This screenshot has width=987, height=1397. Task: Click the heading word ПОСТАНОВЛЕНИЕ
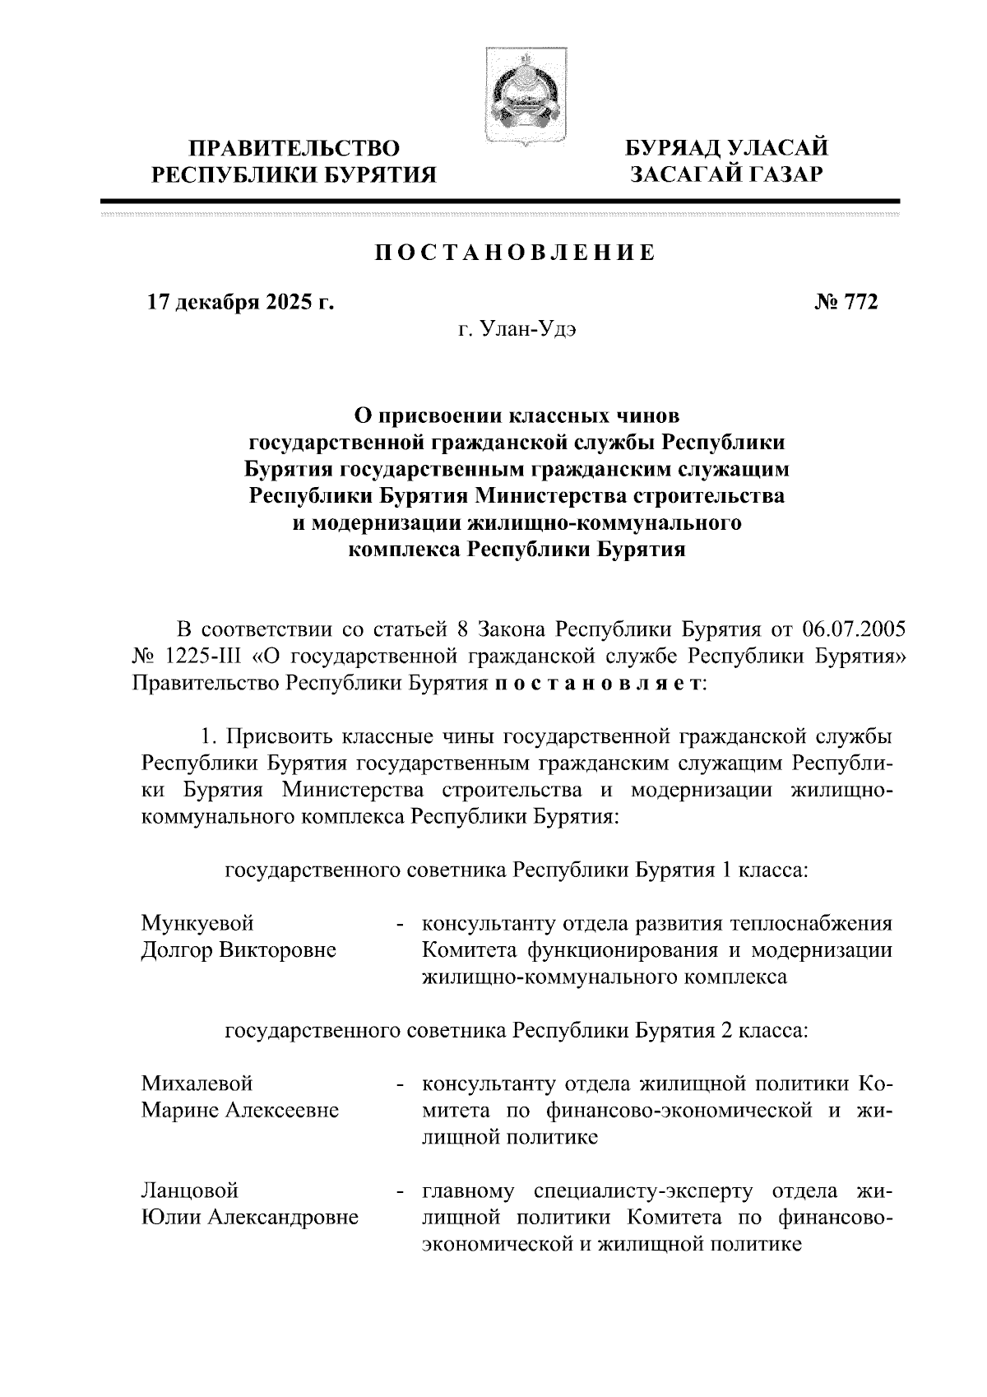516,253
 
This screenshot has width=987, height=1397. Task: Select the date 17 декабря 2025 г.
240,302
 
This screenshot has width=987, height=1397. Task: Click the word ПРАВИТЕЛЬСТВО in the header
295,149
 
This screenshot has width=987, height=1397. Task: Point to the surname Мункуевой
197,922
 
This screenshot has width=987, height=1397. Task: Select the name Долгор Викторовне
239,949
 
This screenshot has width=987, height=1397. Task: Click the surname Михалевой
197,1083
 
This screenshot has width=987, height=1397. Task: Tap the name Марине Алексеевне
240,1110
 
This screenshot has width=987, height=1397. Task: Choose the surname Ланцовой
190,1190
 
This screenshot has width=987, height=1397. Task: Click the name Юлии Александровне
250,1217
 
